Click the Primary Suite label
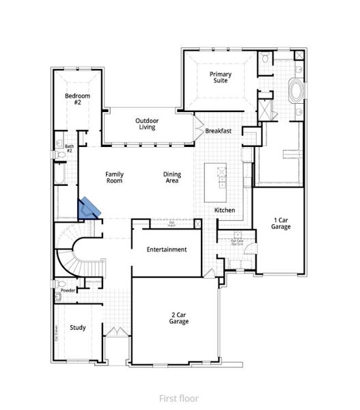(220, 77)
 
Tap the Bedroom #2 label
(73, 98)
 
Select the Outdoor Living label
(146, 123)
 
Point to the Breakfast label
(219, 131)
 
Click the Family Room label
(114, 178)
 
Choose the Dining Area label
(172, 178)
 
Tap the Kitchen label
(225, 210)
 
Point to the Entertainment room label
(167, 249)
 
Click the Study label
(78, 327)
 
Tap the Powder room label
(68, 290)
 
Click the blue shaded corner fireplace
(89, 208)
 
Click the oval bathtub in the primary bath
(297, 91)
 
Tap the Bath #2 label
(70, 148)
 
